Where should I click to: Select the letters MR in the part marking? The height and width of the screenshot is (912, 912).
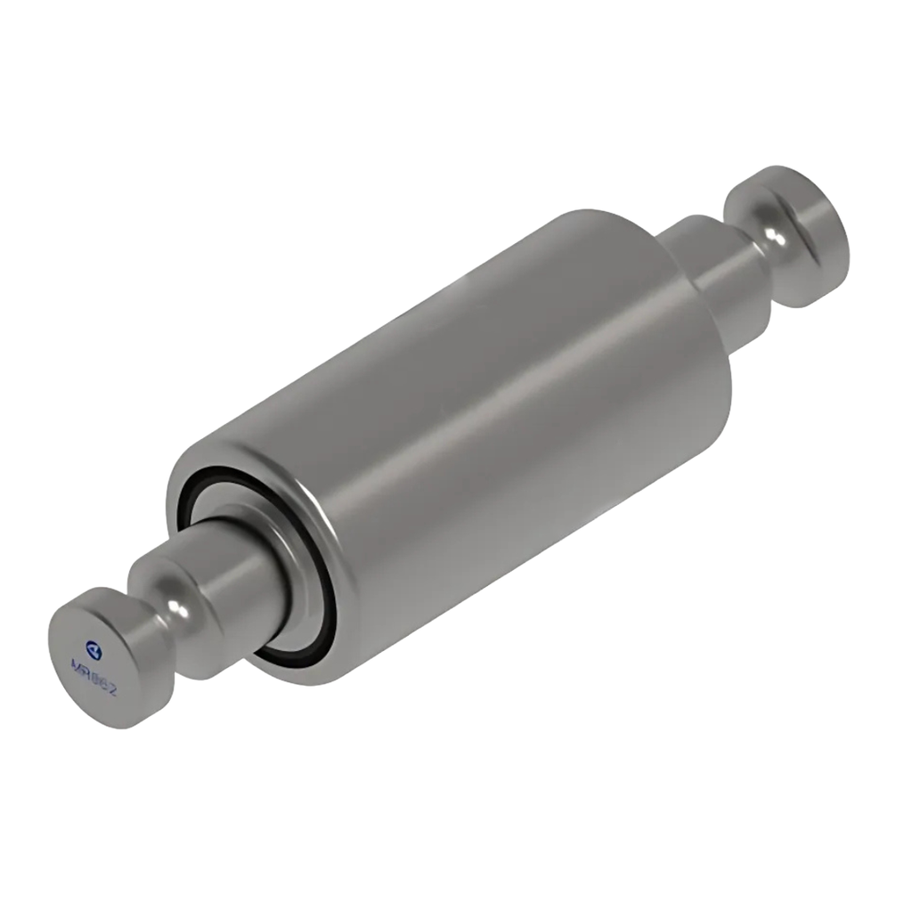(77, 667)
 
